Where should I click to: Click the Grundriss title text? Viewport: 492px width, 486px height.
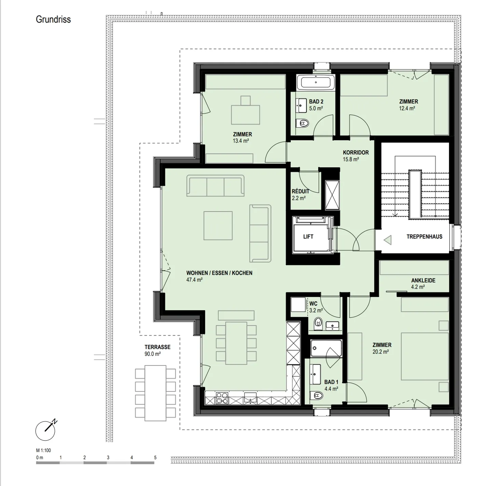(53, 19)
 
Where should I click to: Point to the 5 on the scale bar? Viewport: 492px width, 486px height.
(155, 458)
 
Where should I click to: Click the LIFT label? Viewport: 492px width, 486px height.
(308, 237)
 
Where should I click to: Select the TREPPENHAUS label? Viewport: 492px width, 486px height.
(424, 237)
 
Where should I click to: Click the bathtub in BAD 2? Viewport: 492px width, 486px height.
(316, 82)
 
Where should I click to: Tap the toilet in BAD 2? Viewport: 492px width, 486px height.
(302, 124)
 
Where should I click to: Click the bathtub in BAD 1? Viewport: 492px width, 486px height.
(326, 348)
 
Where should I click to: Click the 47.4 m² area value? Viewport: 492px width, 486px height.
(194, 280)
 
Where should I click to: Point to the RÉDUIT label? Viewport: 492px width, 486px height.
(301, 191)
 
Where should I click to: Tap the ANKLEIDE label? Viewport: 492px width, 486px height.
(423, 280)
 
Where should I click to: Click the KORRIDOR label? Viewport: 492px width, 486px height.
(356, 152)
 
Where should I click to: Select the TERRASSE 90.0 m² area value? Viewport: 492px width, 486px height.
(152, 354)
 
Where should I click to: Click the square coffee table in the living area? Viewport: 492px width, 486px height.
(218, 226)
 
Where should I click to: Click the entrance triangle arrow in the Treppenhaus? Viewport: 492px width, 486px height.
(387, 240)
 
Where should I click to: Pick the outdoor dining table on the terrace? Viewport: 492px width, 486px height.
(155, 393)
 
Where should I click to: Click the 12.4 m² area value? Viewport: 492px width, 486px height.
(407, 108)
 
